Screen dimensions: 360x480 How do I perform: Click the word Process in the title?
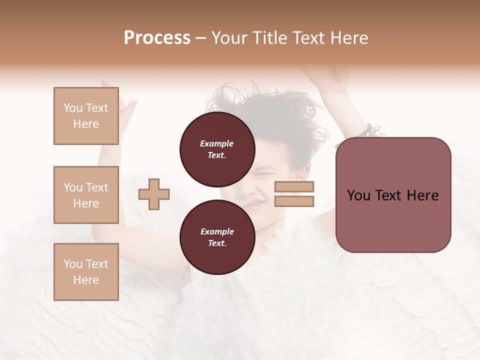pyautogui.click(x=157, y=38)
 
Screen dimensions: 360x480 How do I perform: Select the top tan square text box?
pyautogui.click(x=86, y=116)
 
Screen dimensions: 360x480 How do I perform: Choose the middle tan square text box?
pyautogui.click(x=86, y=195)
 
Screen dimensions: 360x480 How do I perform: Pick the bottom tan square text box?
pyautogui.click(x=86, y=272)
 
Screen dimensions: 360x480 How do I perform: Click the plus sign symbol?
pyautogui.click(x=154, y=194)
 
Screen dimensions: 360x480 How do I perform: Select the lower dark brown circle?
pyautogui.click(x=217, y=237)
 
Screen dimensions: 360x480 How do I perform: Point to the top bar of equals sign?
pyautogui.click(x=294, y=187)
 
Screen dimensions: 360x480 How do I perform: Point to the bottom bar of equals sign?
pyautogui.click(x=294, y=201)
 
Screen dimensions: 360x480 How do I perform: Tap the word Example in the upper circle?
pyautogui.click(x=217, y=143)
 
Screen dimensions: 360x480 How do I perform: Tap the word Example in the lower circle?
pyautogui.click(x=217, y=231)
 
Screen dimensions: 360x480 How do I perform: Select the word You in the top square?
pyautogui.click(x=73, y=108)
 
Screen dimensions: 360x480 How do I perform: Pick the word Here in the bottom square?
pyautogui.click(x=86, y=280)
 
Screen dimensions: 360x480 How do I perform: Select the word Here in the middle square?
pyautogui.click(x=86, y=203)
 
